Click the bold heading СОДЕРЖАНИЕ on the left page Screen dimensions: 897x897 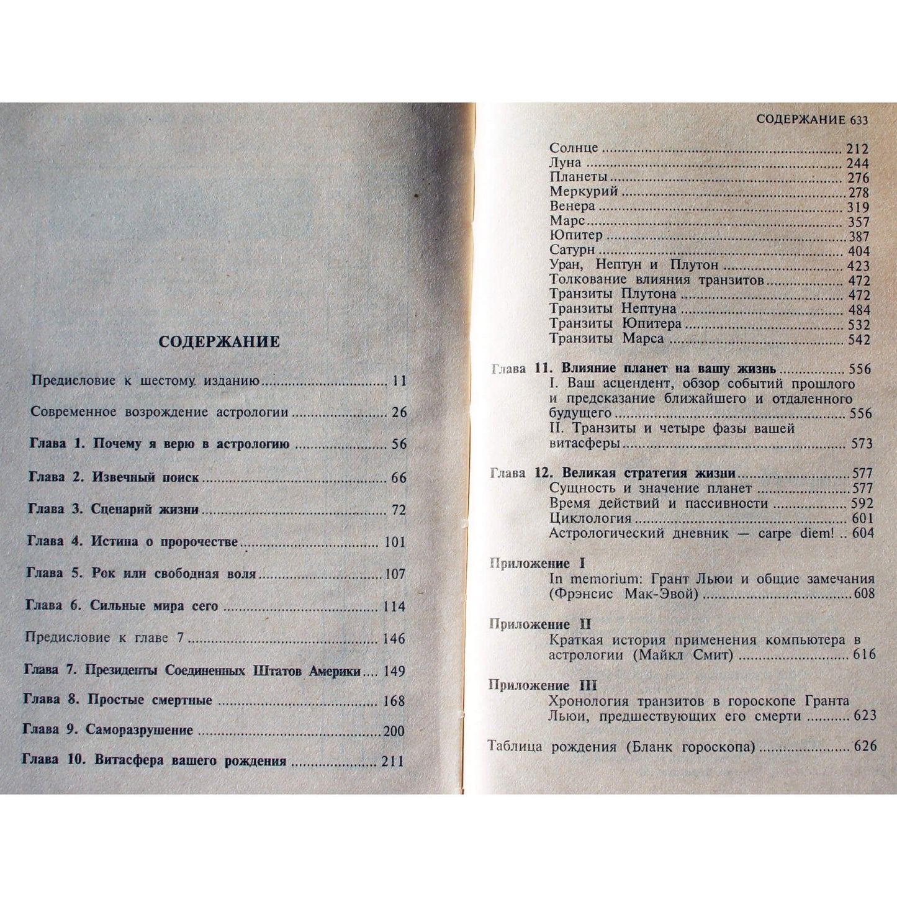pyautogui.click(x=219, y=342)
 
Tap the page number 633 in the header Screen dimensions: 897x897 pyautogui.click(x=859, y=120)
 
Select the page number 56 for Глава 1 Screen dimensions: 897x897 pyautogui.click(x=399, y=444)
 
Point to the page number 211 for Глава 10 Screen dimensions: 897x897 pyautogui.click(x=392, y=761)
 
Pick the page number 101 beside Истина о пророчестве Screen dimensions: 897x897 pyautogui.click(x=395, y=542)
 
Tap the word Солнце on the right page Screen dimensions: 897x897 pyautogui.click(x=574, y=148)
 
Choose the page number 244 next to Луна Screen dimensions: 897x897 pyautogui.click(x=858, y=164)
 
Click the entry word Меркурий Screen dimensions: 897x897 pyautogui.click(x=584, y=192)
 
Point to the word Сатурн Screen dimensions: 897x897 pyautogui.click(x=572, y=250)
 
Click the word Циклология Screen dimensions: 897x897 pyautogui.click(x=582, y=518)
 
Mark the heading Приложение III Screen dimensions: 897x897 pyautogui.click(x=543, y=685)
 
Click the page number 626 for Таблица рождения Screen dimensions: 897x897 pyautogui.click(x=865, y=746)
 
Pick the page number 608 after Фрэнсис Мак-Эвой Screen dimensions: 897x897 pyautogui.click(x=863, y=594)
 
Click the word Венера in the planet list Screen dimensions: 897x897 pyautogui.click(x=572, y=206)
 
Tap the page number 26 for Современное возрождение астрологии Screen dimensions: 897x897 pyautogui.click(x=399, y=412)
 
